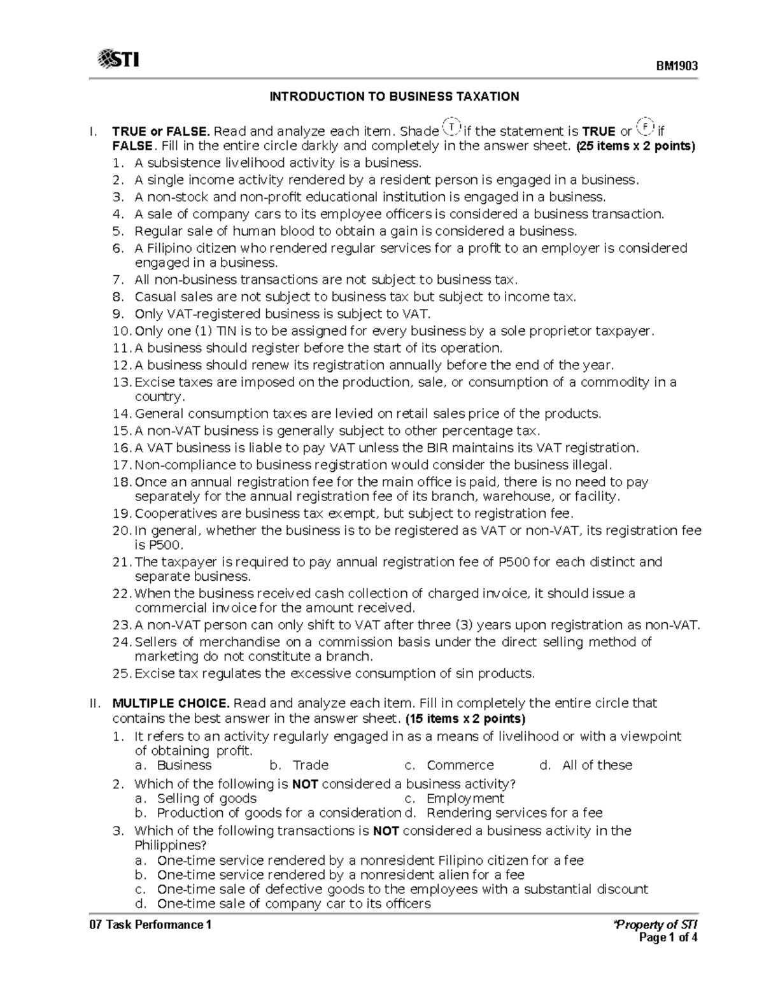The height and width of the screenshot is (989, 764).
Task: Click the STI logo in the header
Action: pyautogui.click(x=118, y=60)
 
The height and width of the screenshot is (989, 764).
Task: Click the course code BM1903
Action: pyautogui.click(x=677, y=66)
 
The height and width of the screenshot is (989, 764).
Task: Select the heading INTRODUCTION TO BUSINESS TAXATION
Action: pyautogui.click(x=394, y=97)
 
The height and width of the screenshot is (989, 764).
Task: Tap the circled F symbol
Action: pyautogui.click(x=644, y=127)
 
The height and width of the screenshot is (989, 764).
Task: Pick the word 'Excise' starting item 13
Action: pyautogui.click(x=153, y=382)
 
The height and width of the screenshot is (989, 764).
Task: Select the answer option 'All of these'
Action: pyautogui.click(x=597, y=765)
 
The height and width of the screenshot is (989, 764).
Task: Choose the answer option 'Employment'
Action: pyautogui.click(x=465, y=799)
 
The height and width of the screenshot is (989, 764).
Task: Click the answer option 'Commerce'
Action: pyautogui.click(x=460, y=765)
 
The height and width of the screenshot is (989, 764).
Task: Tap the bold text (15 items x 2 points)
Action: pyautogui.click(x=465, y=719)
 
